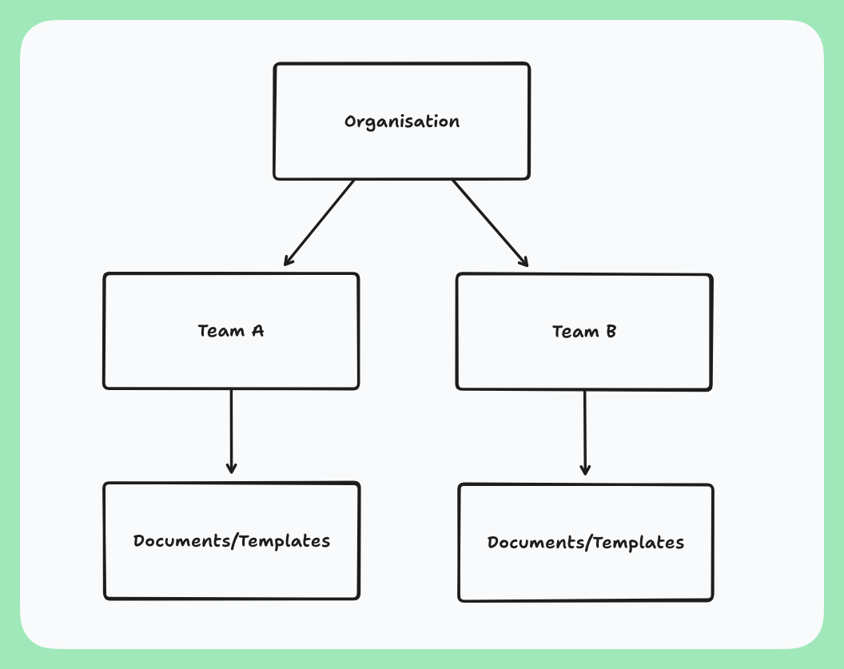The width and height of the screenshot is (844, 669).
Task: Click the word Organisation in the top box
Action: [402, 122]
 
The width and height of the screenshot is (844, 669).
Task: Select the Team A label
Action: [231, 331]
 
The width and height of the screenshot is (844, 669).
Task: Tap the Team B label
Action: [584, 332]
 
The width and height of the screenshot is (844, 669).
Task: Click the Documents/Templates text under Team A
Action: [232, 541]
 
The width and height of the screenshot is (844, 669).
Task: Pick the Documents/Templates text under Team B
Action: [586, 544]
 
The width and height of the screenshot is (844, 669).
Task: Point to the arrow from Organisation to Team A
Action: [320, 221]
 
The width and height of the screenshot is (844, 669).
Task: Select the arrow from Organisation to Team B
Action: [489, 221]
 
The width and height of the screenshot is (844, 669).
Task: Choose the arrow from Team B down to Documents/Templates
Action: [584, 432]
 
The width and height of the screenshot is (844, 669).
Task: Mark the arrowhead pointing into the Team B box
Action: [525, 262]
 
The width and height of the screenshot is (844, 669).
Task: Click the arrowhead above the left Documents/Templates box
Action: [231, 469]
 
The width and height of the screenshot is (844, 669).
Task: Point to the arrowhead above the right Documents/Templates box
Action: [585, 471]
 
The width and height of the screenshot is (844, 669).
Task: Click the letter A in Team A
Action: [257, 331]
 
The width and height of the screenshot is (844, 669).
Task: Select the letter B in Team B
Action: [611, 332]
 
